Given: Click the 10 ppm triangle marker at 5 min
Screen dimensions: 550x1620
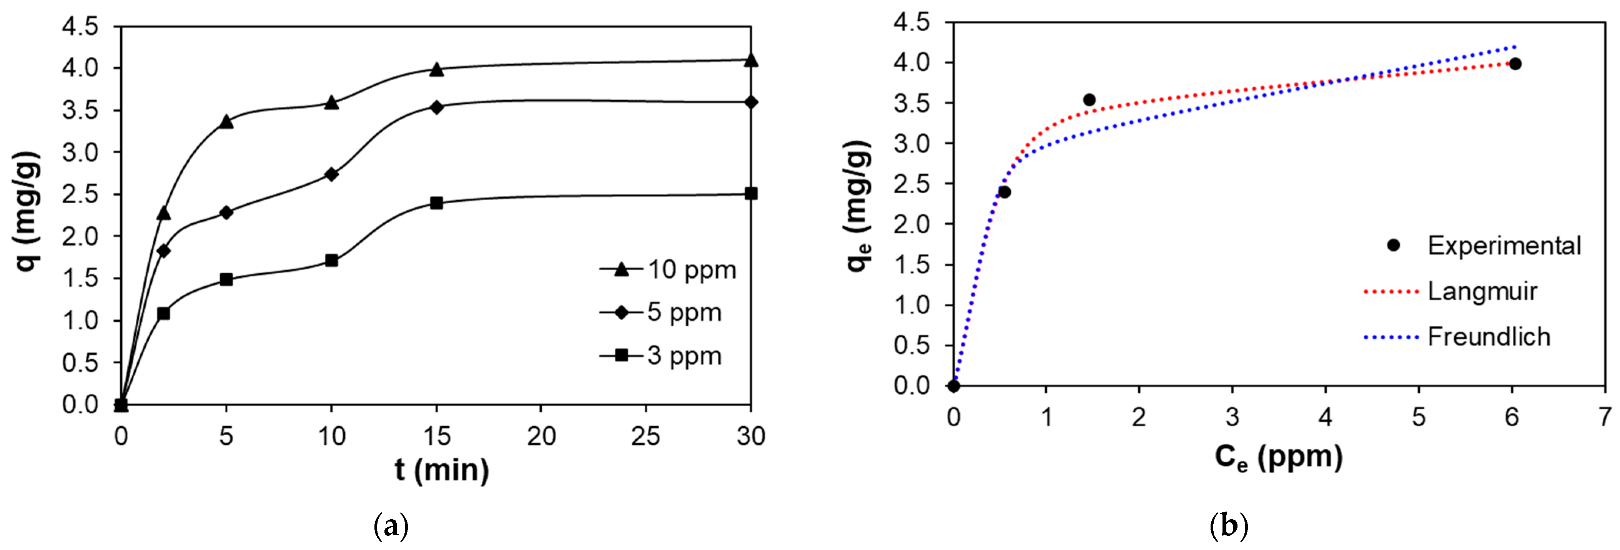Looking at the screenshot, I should click(x=226, y=122).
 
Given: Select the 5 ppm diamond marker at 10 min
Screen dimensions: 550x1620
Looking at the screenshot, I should click(x=331, y=174).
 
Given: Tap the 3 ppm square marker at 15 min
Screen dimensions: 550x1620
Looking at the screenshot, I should click(x=436, y=203).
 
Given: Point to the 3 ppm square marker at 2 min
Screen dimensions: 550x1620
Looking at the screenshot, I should click(x=163, y=313).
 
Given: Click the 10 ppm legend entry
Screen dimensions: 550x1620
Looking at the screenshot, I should click(x=668, y=270).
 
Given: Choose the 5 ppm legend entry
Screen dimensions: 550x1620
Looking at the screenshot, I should click(x=661, y=312).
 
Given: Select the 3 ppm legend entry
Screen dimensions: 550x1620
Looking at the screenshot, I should click(x=661, y=356).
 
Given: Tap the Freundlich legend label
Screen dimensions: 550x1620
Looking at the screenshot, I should click(x=1489, y=337).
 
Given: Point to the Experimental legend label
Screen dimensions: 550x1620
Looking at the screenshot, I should click(x=1504, y=246).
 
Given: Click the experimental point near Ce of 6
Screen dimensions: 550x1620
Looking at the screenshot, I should click(x=1515, y=63).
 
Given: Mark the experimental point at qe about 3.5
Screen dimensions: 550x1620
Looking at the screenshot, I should click(x=1089, y=100).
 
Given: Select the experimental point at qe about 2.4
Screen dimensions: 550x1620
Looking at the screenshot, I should click(x=1004, y=192).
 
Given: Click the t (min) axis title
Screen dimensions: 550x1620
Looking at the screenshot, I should click(x=441, y=470).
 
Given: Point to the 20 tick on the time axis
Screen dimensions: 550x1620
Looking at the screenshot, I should click(x=541, y=436).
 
